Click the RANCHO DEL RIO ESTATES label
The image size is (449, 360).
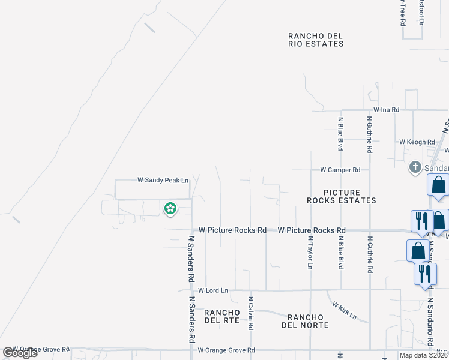pos(315,40)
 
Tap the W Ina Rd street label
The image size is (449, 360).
pos(386,110)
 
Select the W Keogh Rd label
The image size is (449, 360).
pos(417,142)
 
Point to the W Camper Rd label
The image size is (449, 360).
pos(340,170)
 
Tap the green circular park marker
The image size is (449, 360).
pos(170,209)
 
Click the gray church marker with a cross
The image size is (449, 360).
pos(415,167)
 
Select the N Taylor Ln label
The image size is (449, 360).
pos(310,252)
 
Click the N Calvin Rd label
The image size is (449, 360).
pos(251,312)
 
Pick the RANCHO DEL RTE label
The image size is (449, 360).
pos(222,316)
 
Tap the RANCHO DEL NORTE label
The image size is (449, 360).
pos(308,321)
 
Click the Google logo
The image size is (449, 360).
pos(20,353)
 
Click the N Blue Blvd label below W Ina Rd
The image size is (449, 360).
pos(340,133)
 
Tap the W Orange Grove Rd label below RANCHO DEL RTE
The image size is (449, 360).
pos(226,350)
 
